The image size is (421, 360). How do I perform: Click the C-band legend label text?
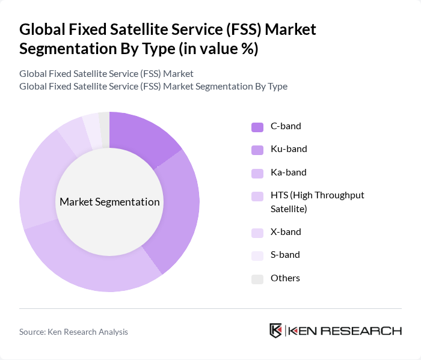[286, 126]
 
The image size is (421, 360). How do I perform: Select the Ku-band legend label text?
[288, 149]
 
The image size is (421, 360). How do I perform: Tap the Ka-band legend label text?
[288, 172]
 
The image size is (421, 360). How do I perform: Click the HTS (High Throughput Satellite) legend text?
[317, 202]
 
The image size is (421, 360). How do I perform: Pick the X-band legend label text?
[286, 232]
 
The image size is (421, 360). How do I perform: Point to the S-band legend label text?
[285, 255]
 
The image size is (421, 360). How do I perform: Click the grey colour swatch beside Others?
[257, 279]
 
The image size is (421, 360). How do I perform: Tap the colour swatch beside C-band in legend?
[257, 127]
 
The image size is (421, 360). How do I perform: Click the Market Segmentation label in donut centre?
[109, 202]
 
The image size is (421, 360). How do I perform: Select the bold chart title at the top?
[168, 39]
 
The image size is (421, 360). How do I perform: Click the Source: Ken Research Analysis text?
[73, 332]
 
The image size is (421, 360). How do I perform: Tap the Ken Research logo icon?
[276, 331]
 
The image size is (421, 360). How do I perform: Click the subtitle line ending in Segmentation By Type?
[153, 87]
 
